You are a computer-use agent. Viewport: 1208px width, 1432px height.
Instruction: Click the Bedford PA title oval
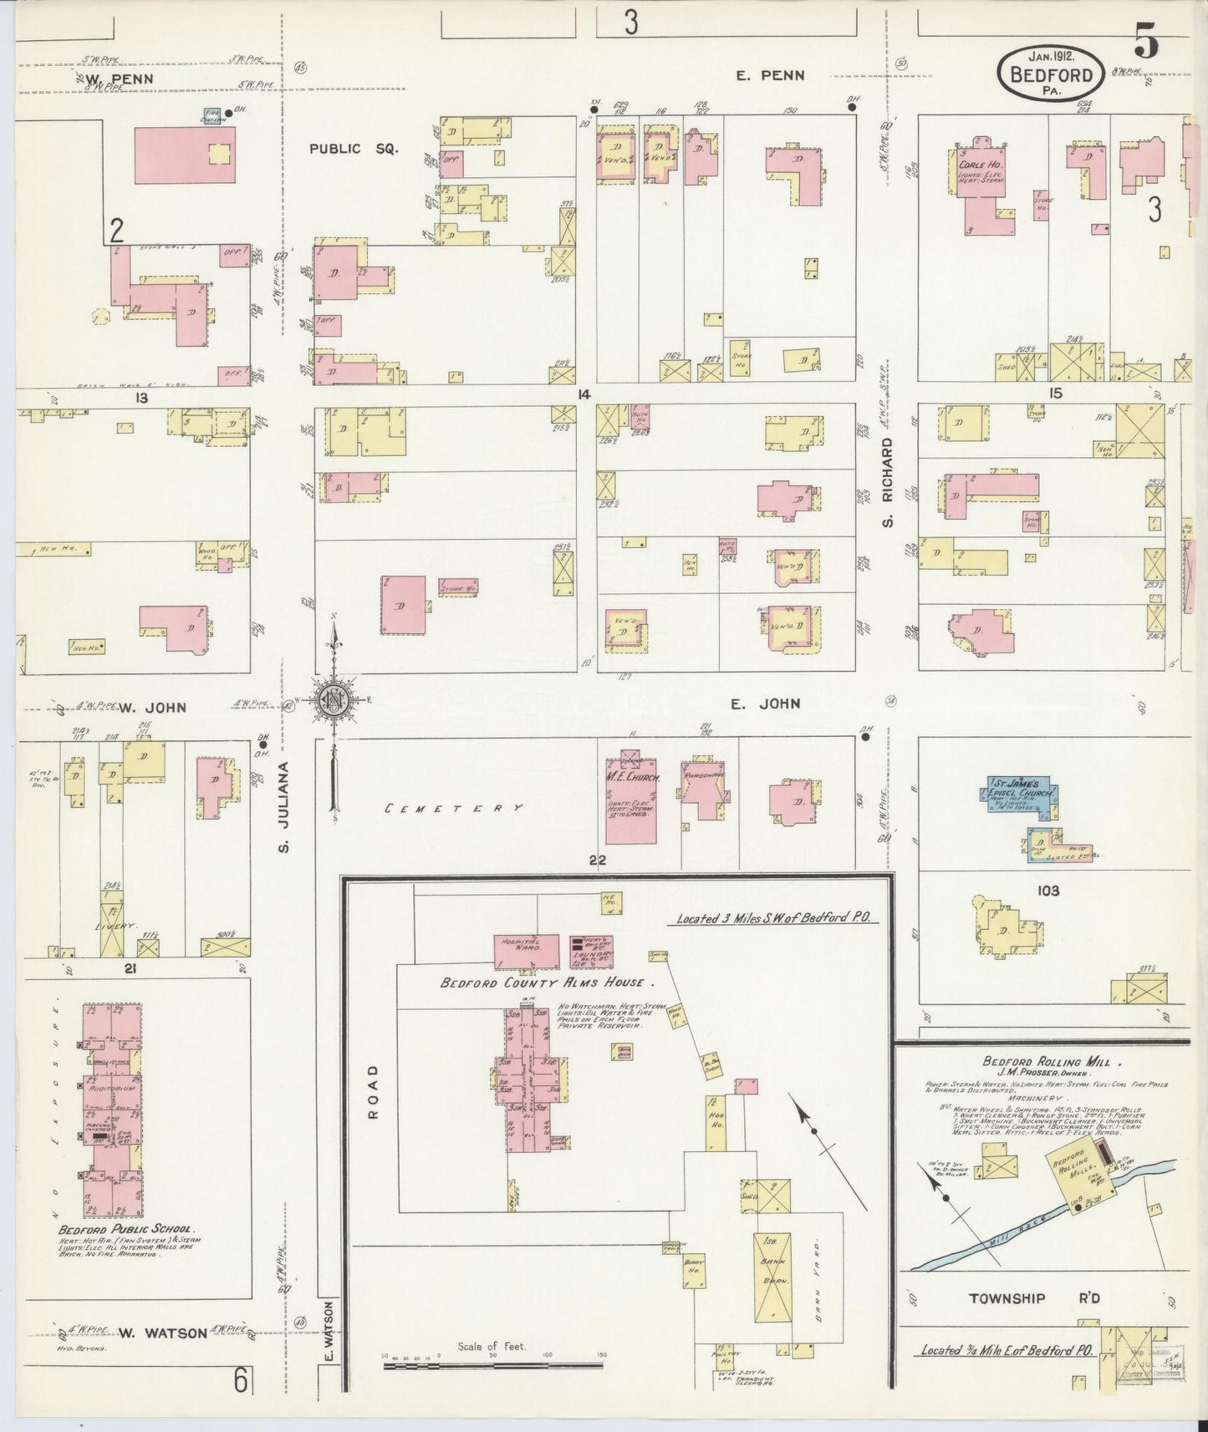[x=1051, y=73]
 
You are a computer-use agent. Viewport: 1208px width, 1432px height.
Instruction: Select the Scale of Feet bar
[x=492, y=1365]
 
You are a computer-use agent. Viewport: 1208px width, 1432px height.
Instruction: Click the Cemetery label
[x=455, y=808]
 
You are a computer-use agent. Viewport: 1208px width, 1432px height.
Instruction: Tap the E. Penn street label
[x=770, y=75]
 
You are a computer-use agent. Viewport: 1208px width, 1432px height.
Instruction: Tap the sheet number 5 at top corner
[x=1146, y=43]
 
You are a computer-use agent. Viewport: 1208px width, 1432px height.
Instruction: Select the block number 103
[x=1047, y=891]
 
